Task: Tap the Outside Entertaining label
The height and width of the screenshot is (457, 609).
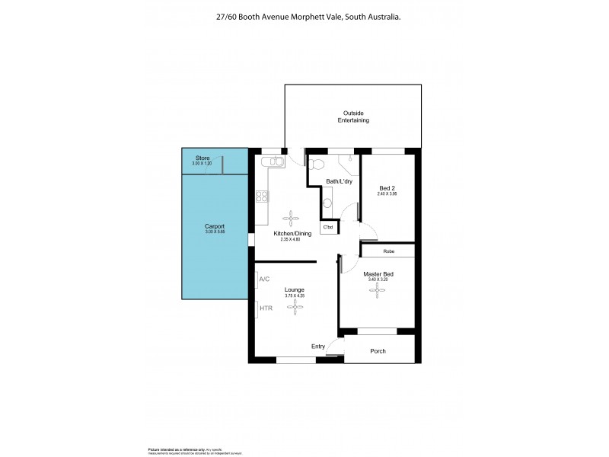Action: (x=353, y=117)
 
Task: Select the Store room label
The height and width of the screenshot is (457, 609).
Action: (x=202, y=158)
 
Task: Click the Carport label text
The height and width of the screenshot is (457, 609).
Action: (x=214, y=227)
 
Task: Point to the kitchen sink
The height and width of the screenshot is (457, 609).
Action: (x=270, y=161)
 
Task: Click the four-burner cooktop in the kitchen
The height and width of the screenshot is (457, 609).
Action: (x=262, y=196)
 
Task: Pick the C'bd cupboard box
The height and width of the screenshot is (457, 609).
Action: (x=329, y=227)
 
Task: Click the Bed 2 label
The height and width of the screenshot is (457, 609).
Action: (x=387, y=187)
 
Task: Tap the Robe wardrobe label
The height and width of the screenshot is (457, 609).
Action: (x=388, y=251)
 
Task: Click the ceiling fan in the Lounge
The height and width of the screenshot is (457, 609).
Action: (x=295, y=308)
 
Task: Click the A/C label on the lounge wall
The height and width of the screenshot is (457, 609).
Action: (x=265, y=280)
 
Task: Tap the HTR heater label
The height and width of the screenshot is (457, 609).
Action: (x=266, y=308)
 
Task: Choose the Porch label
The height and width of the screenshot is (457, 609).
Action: (x=378, y=351)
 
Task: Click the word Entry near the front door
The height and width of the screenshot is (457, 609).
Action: (x=318, y=347)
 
